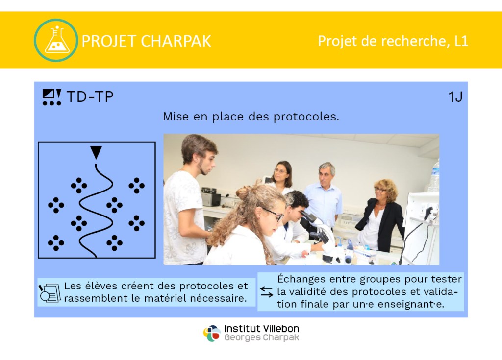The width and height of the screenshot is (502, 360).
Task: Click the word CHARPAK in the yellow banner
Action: coord(176,41)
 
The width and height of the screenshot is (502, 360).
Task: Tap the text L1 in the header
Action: coord(461,41)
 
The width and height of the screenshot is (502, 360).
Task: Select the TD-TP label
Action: coord(90,96)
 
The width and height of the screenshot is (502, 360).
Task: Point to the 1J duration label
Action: coord(455,96)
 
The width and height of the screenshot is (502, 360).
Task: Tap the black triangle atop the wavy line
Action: coord(96,152)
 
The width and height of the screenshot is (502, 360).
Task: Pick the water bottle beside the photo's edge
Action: coord(434,176)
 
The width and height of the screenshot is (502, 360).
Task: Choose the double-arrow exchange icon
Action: coord(267,291)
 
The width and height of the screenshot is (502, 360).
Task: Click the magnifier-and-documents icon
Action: coord(50,292)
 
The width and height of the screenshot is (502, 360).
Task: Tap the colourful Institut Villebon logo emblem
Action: coord(212,334)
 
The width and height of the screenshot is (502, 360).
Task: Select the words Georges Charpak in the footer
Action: coord(262,337)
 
